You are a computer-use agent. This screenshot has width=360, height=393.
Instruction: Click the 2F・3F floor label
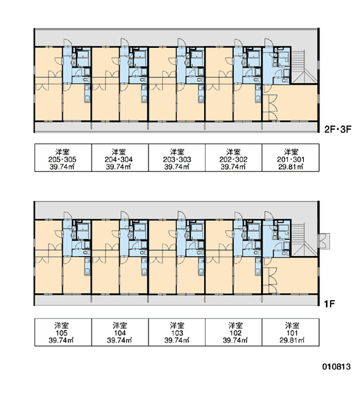(338, 129)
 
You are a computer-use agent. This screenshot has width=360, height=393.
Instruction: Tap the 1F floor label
(329, 304)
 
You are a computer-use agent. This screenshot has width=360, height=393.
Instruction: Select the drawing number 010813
(336, 367)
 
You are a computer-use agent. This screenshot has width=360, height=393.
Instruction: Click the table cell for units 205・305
(63, 158)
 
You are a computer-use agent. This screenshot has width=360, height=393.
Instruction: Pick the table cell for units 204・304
(120, 158)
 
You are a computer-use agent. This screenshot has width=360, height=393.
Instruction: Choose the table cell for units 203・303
(177, 158)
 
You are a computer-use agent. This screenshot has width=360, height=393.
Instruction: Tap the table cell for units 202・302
(234, 158)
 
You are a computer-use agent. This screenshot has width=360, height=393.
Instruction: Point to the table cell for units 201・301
(291, 158)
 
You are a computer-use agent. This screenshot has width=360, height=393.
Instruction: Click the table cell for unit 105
(63, 332)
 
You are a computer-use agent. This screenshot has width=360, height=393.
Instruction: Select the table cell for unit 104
(120, 332)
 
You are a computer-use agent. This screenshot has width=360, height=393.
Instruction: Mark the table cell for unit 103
(177, 332)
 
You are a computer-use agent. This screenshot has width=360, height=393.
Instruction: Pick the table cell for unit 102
(234, 332)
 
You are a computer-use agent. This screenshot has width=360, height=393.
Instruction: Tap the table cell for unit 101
(291, 332)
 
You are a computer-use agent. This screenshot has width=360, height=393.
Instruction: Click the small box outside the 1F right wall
(323, 241)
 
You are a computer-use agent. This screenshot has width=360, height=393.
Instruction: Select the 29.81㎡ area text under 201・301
(291, 167)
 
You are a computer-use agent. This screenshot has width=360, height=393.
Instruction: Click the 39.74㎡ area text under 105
(61, 341)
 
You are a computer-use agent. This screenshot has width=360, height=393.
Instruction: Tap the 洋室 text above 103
(177, 326)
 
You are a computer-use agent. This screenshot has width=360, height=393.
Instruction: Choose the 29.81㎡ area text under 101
(292, 341)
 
